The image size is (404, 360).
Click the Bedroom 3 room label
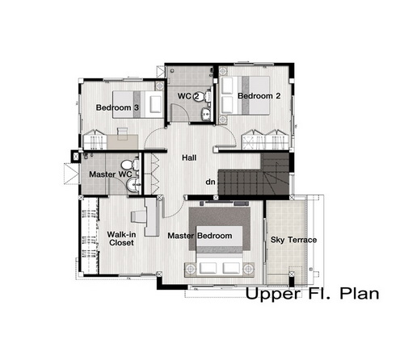[x=117, y=107]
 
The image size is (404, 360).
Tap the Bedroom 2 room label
[x=259, y=96]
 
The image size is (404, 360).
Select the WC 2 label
[x=188, y=96]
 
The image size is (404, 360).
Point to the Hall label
[x=189, y=157]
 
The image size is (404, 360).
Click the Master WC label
[x=111, y=174]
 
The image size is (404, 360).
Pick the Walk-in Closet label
[x=121, y=239]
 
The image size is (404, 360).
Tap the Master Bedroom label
[x=200, y=236]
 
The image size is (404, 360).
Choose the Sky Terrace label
[x=293, y=240]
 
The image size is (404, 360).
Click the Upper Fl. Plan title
[x=312, y=294]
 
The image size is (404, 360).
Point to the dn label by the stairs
[x=210, y=182]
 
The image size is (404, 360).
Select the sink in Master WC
[x=133, y=185]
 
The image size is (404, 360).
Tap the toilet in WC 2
[x=208, y=96]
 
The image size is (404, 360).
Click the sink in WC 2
[x=206, y=114]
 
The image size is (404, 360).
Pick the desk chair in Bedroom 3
[x=122, y=134]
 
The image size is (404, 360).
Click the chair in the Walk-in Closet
[x=137, y=216]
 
